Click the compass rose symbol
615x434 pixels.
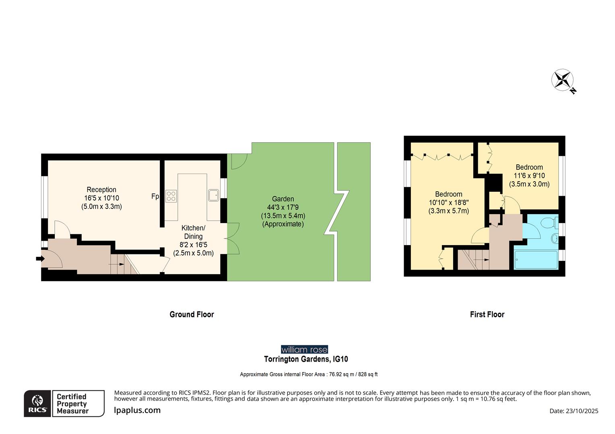coord(562,80)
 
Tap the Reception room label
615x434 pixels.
coord(101,190)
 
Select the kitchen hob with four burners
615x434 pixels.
coord(171,196)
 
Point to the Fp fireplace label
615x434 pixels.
coord(155,197)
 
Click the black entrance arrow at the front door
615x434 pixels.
coord(40,259)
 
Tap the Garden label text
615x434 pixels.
coord(283,199)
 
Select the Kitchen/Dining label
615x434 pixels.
coord(193,232)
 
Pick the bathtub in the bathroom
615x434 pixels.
coord(536,260)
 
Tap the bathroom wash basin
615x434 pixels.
coord(555,239)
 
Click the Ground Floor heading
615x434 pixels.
coord(192,315)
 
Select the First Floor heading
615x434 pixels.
coord(487,315)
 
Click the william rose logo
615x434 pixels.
coord(304,350)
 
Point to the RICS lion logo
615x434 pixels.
coord(37,403)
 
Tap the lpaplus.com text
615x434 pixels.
coord(137,410)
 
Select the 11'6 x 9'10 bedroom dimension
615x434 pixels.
coord(529,176)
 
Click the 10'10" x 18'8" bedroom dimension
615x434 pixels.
coord(448,203)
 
